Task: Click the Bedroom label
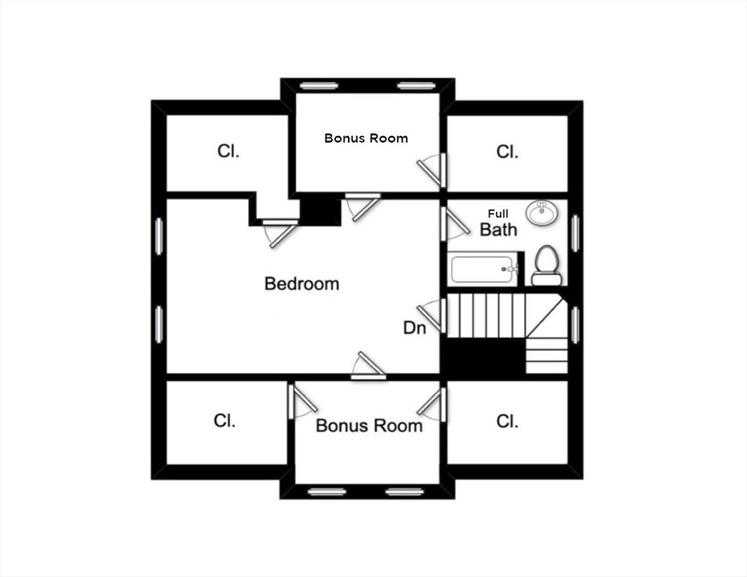point(301,284)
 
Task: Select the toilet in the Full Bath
point(546,266)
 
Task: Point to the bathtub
point(482,268)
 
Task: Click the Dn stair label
point(415,328)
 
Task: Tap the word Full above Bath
point(497,214)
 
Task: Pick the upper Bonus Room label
point(366,138)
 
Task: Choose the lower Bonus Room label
point(368,426)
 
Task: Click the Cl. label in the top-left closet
point(228,151)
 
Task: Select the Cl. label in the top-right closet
point(507,152)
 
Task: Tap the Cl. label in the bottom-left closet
point(224,421)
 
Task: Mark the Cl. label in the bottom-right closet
point(507,421)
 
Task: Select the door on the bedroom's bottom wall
point(370,366)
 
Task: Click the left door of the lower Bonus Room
point(301,401)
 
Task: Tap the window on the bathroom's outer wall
point(575,233)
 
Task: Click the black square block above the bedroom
point(320,210)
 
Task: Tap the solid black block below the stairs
point(481,359)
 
